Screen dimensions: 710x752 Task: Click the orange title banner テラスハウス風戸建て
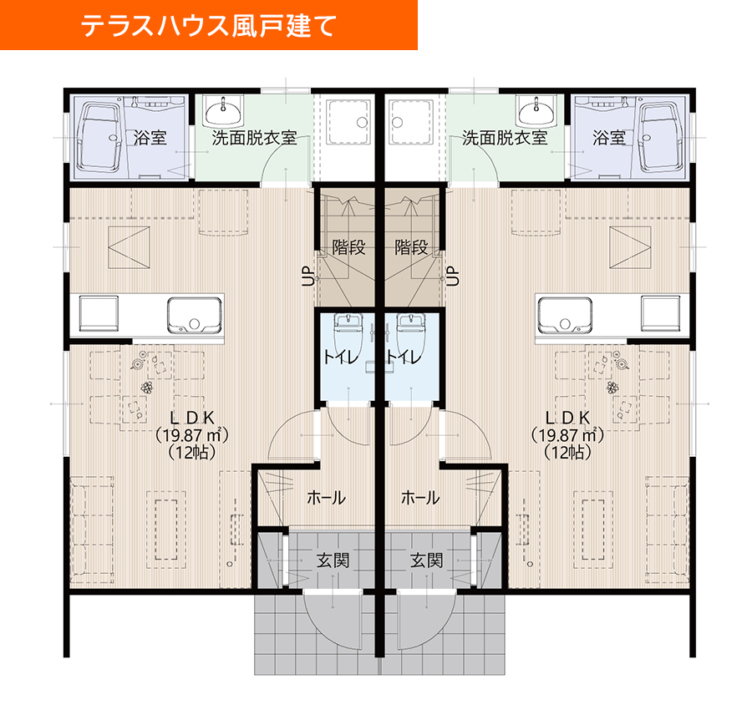pyautogui.click(x=208, y=25)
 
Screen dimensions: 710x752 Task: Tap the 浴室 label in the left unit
pyautogui.click(x=150, y=138)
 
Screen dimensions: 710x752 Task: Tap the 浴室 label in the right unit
pyautogui.click(x=609, y=138)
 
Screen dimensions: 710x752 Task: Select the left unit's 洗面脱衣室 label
pyautogui.click(x=253, y=138)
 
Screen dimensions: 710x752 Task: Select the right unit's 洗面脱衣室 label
pyautogui.click(x=505, y=138)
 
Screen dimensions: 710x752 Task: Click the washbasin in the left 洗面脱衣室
pyautogui.click(x=224, y=109)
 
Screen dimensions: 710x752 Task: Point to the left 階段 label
pyautogui.click(x=347, y=247)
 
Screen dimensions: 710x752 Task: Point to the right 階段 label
pyautogui.click(x=411, y=247)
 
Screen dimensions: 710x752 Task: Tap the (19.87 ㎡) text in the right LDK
pyautogui.click(x=568, y=435)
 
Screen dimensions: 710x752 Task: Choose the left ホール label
pyautogui.click(x=326, y=499)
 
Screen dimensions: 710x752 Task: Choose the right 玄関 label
pyautogui.click(x=426, y=560)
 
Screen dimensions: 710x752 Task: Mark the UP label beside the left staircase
pyautogui.click(x=307, y=276)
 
